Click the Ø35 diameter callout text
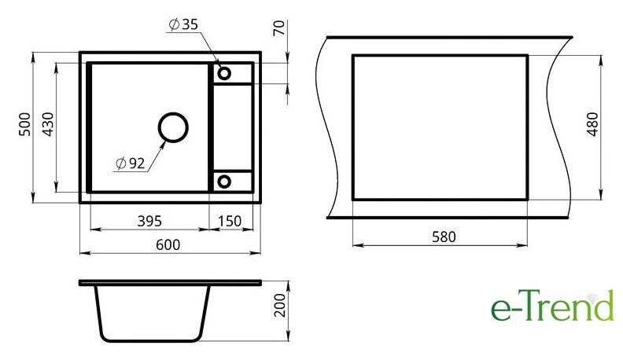pos(183,24)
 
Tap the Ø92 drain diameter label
pos(131,163)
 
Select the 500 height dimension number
pos(24,124)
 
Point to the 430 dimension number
pos(48,124)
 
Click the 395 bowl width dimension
pos(149,221)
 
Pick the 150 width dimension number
pos(230,221)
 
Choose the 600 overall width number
pos(168,244)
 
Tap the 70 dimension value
pos(279,28)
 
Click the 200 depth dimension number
pos(280,305)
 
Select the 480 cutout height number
pos(592,124)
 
